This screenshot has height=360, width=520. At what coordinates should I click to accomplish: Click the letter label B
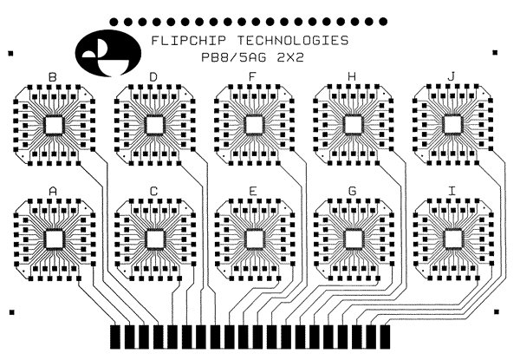(53, 77)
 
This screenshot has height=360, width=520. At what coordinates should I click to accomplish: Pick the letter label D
(153, 77)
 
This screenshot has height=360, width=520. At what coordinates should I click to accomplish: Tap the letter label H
(352, 77)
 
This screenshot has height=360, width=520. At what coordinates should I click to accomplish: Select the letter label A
(53, 190)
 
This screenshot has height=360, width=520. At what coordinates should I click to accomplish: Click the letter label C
(153, 190)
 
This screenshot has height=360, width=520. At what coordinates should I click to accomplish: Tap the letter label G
(352, 190)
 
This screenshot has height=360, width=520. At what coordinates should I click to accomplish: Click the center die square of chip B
(54, 125)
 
